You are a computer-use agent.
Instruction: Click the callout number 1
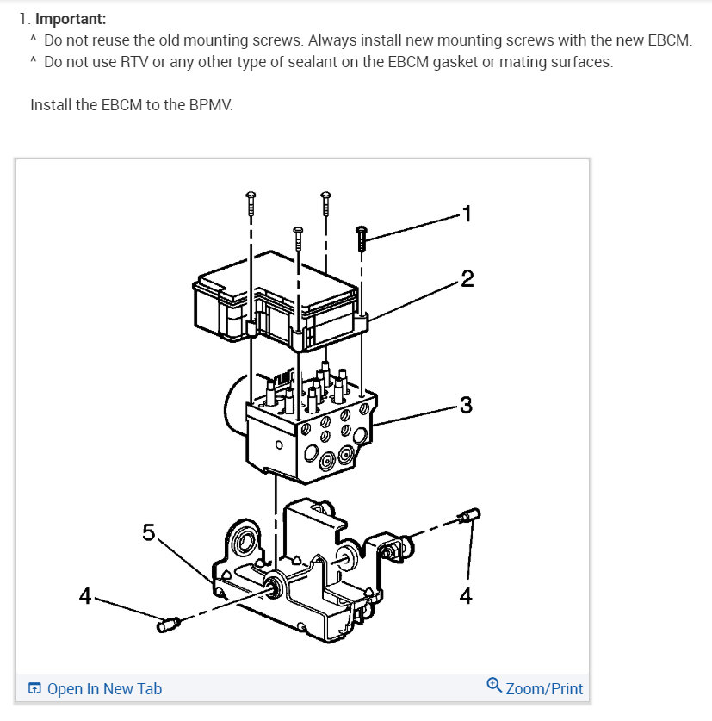467,214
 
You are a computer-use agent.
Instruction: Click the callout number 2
467,279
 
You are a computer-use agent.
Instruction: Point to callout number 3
466,404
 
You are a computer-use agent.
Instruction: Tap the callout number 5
149,532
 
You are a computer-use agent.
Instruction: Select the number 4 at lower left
84,595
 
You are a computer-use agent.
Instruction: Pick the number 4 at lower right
466,595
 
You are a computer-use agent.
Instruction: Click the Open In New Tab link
104,688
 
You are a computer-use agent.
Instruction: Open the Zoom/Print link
543,688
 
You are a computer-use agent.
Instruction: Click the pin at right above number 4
470,516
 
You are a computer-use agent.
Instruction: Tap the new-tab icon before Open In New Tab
34,688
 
